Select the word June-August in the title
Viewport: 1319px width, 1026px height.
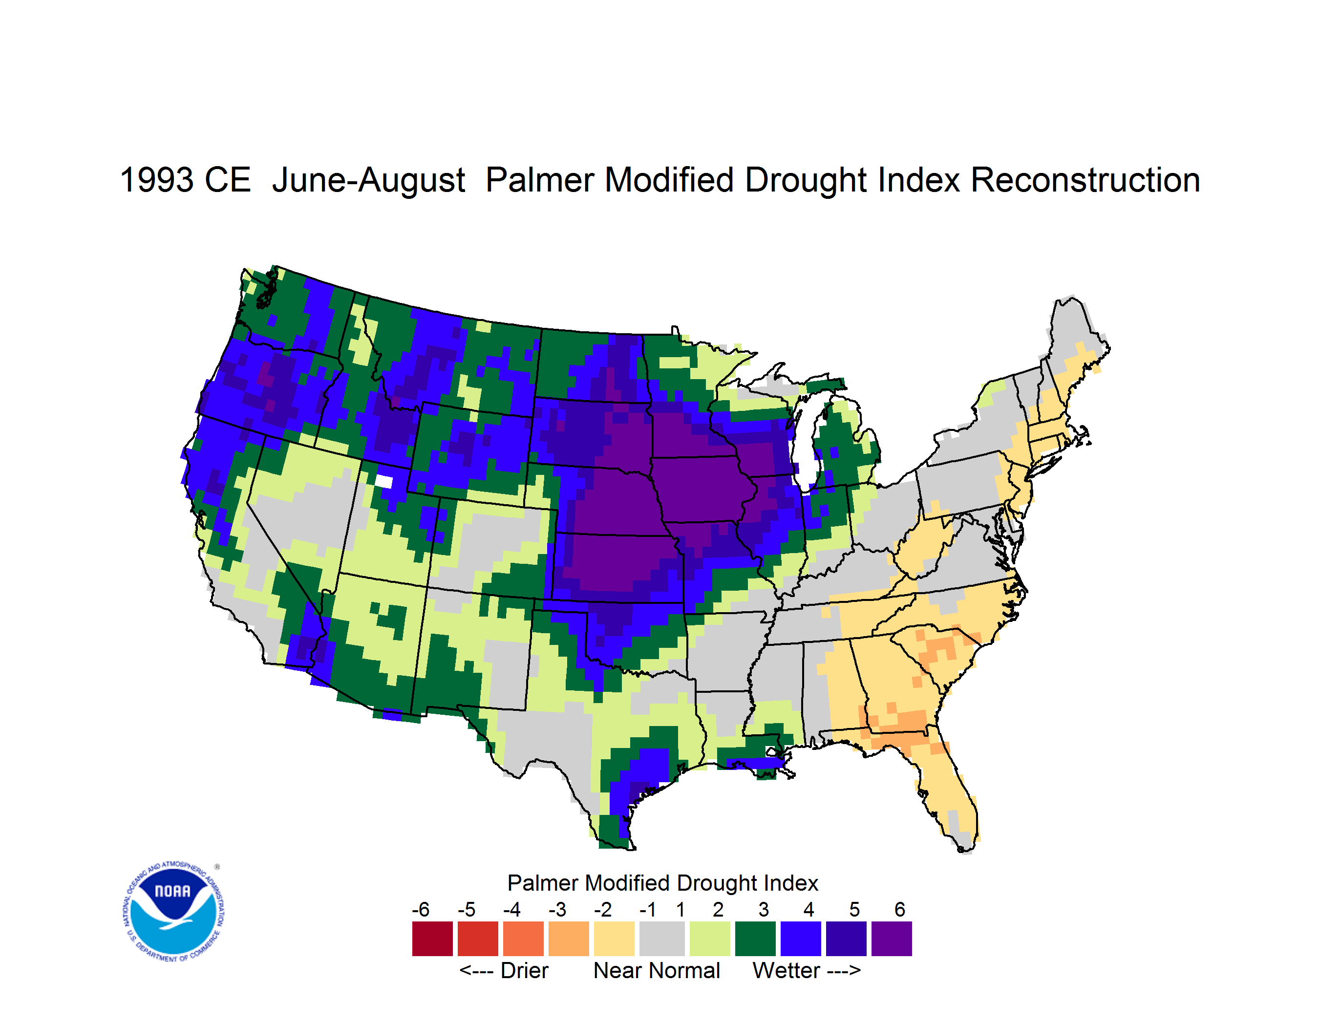pos(368,181)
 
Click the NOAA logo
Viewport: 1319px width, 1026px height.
pos(174,911)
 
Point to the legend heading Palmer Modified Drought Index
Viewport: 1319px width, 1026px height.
pos(662,883)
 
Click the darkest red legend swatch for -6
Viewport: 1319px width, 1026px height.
pos(432,938)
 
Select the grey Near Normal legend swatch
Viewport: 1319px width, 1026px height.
pos(662,938)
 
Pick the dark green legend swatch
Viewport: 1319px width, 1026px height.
pos(755,938)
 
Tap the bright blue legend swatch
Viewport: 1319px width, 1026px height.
pos(801,938)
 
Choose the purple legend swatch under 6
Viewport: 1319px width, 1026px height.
pos(892,938)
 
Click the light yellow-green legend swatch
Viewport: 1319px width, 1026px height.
pos(710,938)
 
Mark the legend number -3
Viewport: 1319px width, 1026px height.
pos(557,909)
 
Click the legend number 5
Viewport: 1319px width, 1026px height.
pos(854,909)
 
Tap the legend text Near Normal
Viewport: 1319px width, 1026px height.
pos(657,970)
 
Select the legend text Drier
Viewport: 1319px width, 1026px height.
pos(524,970)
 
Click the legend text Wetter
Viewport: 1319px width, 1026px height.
pos(787,970)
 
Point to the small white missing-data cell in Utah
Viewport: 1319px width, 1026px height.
pos(383,481)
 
